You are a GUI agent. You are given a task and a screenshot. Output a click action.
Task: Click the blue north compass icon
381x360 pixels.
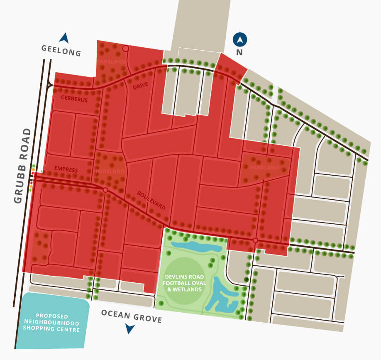240,40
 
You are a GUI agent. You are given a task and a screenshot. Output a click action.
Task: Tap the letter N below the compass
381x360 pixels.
239,53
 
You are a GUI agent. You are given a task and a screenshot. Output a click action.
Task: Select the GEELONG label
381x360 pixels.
61,51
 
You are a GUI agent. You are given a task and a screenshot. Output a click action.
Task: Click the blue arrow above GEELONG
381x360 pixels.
64,38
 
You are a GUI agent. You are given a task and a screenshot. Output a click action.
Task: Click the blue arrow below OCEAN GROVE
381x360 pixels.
130,329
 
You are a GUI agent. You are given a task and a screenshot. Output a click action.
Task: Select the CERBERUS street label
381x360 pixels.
74,99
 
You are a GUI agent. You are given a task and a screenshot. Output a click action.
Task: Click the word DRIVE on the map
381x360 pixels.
140,87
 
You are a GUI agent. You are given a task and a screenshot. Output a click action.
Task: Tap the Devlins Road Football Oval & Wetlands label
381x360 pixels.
185,283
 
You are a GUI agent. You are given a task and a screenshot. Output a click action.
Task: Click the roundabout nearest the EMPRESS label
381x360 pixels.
105,190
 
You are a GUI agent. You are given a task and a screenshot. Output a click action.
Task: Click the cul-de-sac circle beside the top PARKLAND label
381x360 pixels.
125,49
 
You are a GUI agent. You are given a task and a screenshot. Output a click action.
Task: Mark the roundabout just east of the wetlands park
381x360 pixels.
255,241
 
